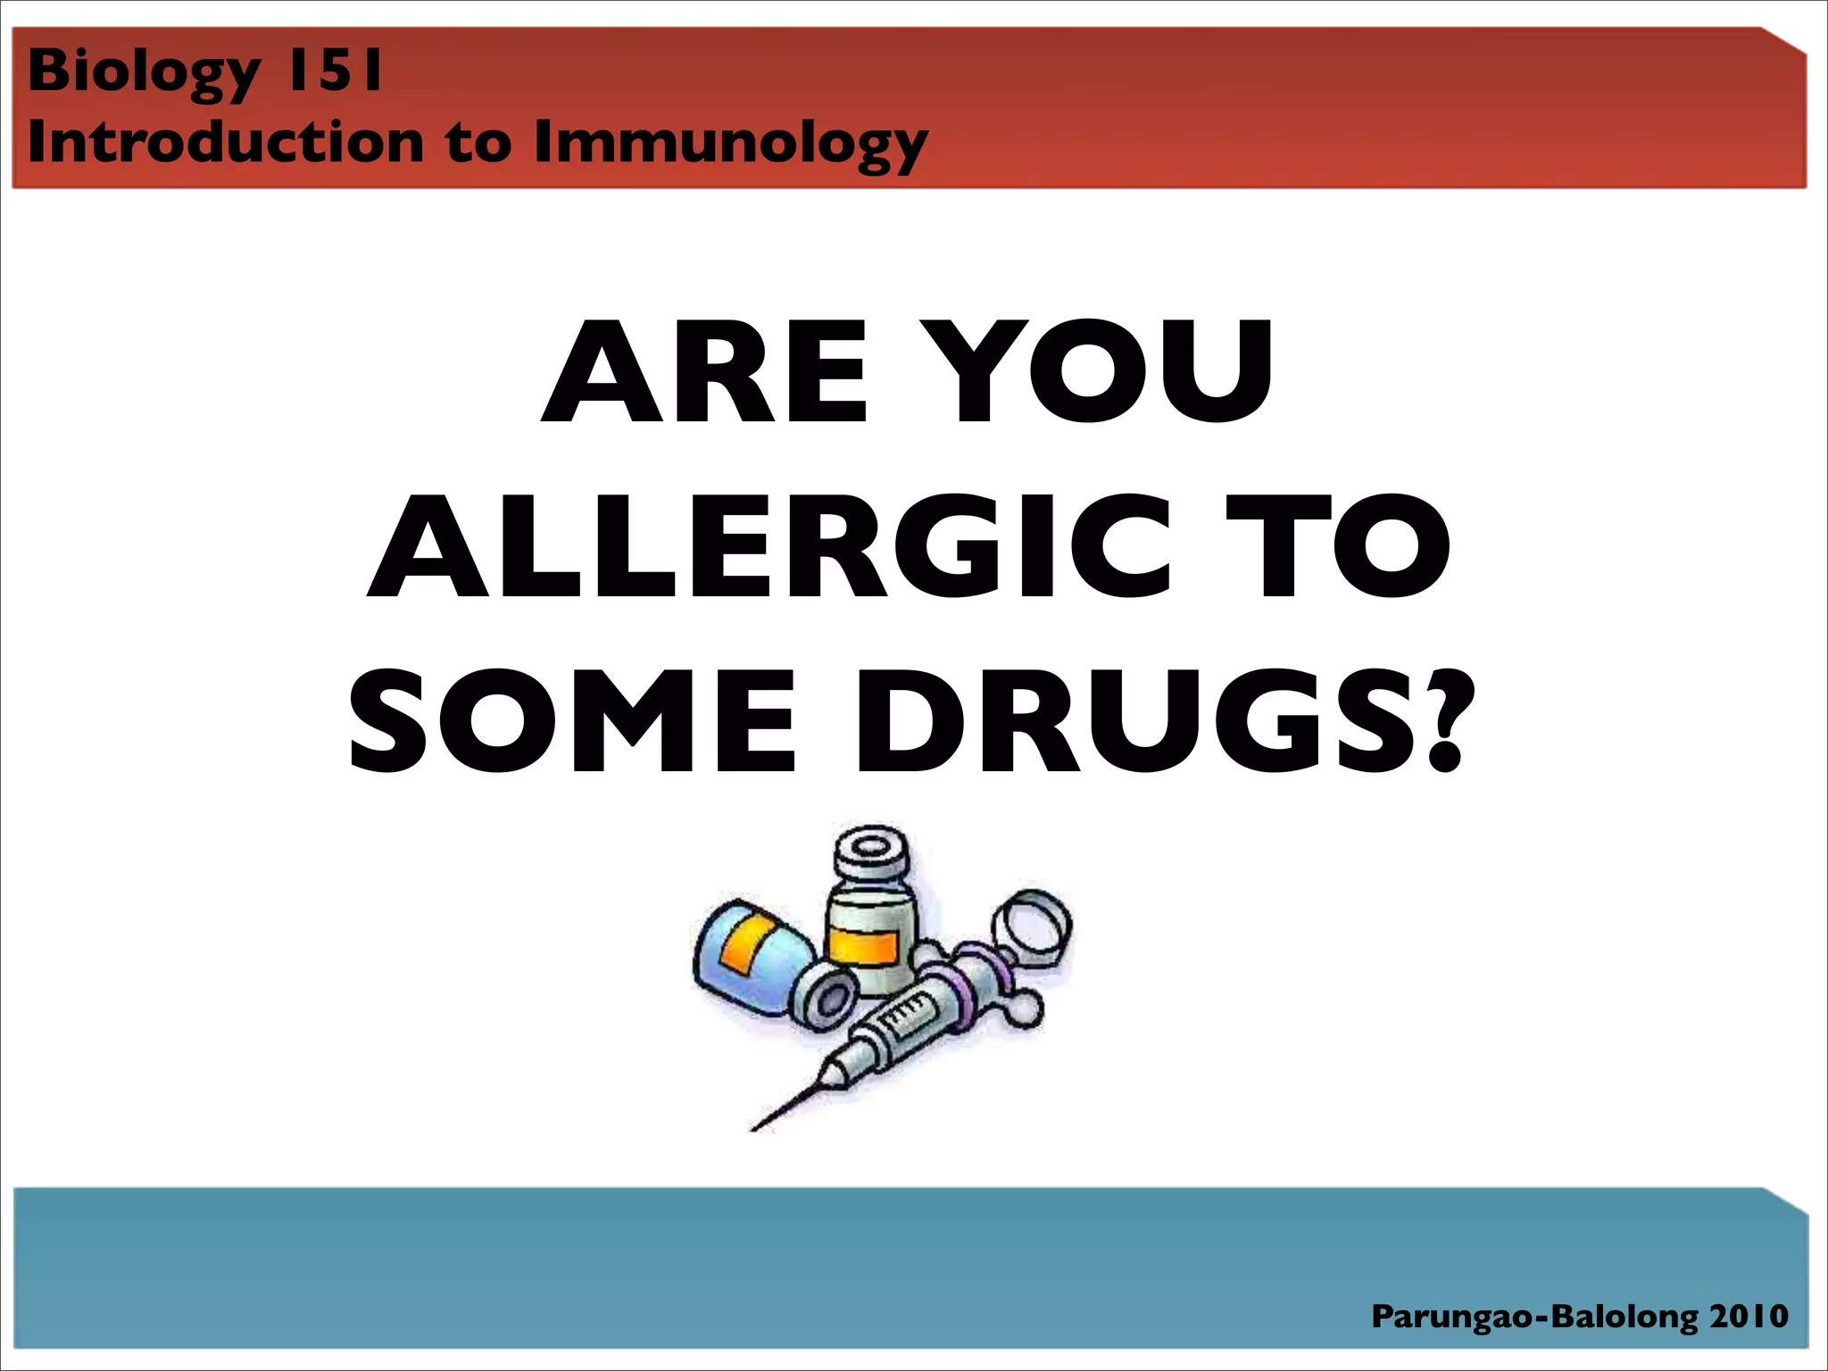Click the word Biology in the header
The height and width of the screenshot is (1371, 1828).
(x=144, y=71)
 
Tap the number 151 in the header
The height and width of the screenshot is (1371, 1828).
(x=334, y=71)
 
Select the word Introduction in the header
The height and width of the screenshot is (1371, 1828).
(x=226, y=142)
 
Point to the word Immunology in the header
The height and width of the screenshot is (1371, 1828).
(x=730, y=144)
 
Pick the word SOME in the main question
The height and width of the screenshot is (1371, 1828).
(x=572, y=721)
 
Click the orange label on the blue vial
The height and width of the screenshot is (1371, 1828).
(x=748, y=944)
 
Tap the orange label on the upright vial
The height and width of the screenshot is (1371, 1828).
(x=864, y=946)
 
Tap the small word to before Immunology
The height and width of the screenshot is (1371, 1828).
(x=479, y=142)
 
